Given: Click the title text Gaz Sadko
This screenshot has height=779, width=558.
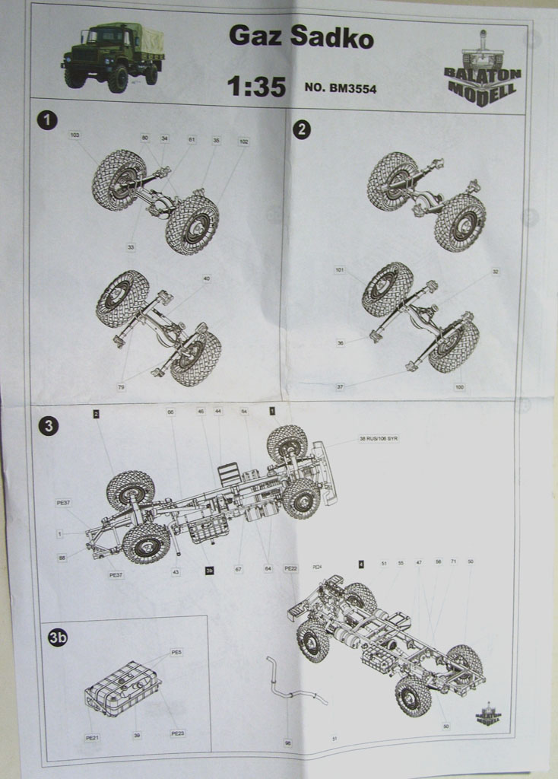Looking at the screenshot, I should point(301,36).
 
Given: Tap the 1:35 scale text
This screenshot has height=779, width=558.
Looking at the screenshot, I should point(256,87).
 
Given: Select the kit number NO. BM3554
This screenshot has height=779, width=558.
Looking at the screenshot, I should point(340,88).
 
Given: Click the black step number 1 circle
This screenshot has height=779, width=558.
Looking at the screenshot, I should point(47,119).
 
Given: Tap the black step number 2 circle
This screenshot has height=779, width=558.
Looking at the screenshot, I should point(301,129).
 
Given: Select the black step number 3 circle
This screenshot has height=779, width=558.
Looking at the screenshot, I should point(48,426).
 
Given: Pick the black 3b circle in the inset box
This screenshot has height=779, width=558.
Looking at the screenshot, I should point(58,638).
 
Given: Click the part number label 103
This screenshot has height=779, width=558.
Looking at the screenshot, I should point(75,135).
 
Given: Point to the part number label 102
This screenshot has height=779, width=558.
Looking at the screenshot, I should point(243,141).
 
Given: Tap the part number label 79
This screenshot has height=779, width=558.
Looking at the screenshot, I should point(121,387).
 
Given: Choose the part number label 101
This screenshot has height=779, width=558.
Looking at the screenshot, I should point(340,270).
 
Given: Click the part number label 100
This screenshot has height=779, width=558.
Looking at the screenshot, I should point(458,387).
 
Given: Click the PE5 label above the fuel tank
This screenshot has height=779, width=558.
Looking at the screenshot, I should point(176,653).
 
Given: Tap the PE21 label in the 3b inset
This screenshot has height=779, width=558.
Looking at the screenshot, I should point(91,737).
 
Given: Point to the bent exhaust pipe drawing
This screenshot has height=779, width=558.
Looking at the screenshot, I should point(292,682).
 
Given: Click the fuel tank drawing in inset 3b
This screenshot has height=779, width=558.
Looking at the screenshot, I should point(122,688).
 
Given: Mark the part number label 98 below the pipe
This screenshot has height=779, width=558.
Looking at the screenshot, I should point(287,742).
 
